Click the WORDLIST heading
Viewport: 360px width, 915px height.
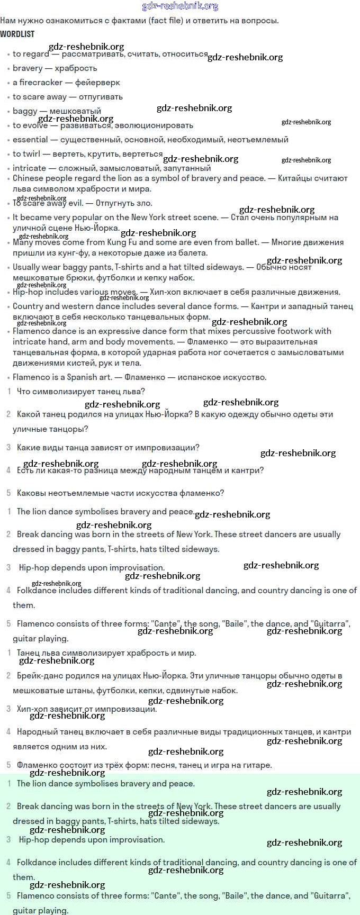click(x=17, y=34)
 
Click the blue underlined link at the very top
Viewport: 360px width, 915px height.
click(x=180, y=6)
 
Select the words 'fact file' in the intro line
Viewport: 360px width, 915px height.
click(x=166, y=21)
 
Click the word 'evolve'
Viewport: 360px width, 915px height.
click(x=35, y=125)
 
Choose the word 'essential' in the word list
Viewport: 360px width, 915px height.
click(x=30, y=140)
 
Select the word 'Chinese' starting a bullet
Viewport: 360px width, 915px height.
click(x=28, y=178)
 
